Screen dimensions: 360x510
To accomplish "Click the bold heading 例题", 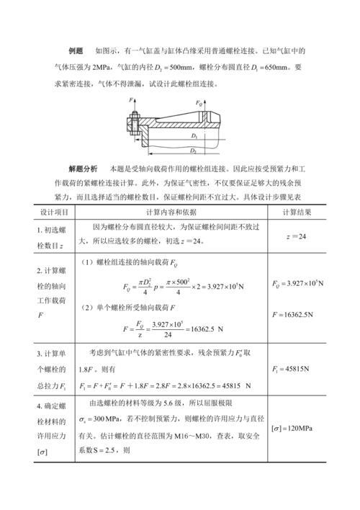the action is [x=76, y=51].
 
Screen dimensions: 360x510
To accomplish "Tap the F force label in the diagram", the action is [x=132, y=100].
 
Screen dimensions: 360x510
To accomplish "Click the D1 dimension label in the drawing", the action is [x=195, y=135].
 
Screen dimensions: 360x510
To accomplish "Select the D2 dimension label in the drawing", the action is [x=193, y=151].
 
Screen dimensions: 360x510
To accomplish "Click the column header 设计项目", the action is [x=55, y=212].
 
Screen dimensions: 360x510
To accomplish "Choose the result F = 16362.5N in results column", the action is [x=297, y=315].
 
